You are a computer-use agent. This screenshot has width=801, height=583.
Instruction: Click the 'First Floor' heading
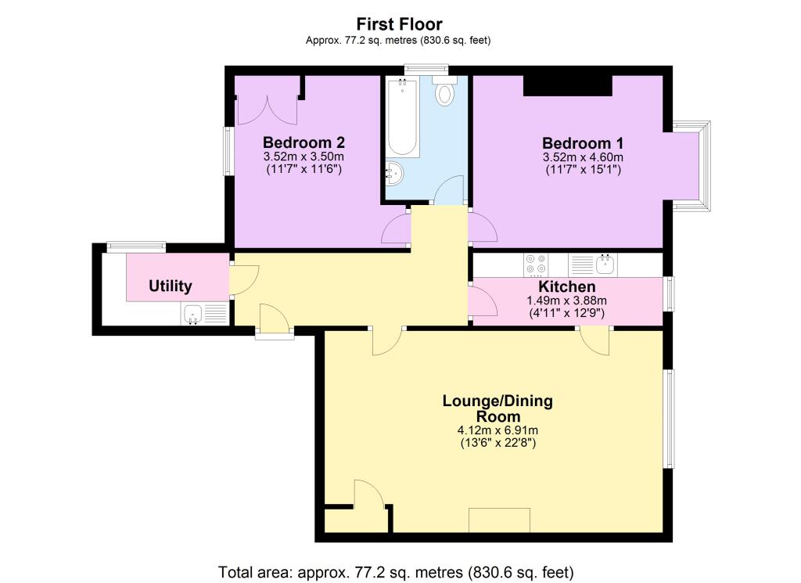399,24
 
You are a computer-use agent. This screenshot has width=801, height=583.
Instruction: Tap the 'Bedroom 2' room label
304,142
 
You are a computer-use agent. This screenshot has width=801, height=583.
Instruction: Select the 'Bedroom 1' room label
583,143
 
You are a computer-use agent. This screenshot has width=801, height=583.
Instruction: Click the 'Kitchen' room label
567,286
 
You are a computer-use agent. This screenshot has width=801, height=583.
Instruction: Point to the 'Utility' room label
170,286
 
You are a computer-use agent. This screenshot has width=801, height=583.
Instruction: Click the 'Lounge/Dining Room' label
497,408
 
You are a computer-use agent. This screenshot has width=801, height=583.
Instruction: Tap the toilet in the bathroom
444,91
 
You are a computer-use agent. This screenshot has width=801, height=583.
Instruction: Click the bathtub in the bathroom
403,117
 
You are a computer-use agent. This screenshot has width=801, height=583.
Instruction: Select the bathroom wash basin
394,173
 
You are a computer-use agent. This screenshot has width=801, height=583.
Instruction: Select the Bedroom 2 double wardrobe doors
267,110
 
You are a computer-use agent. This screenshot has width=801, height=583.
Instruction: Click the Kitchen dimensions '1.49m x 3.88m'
566,301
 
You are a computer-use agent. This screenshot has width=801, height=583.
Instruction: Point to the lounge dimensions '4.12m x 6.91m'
497,430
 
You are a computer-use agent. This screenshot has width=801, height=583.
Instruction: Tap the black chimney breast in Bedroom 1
568,85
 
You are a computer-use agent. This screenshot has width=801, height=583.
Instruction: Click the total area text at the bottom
396,572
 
